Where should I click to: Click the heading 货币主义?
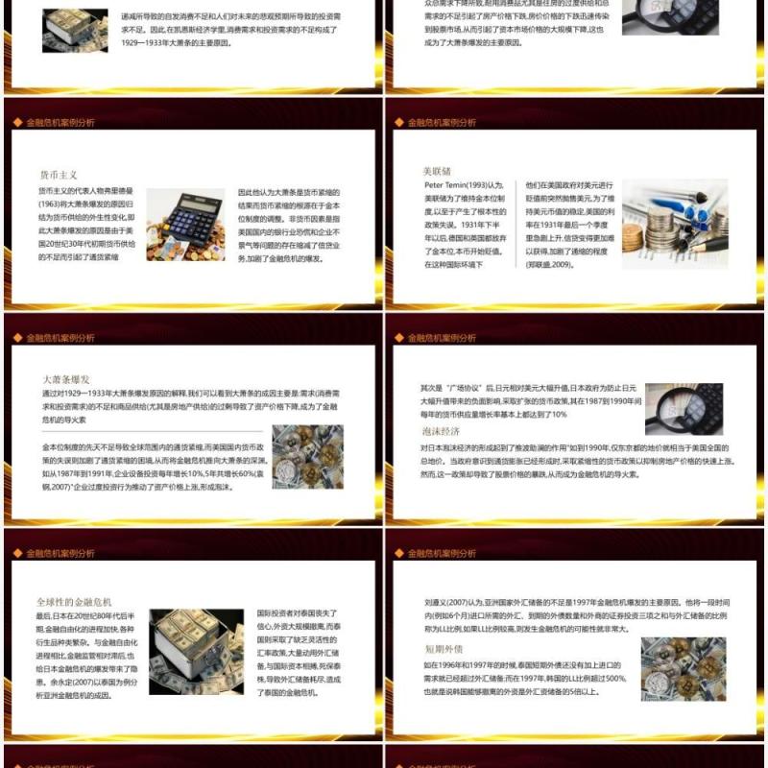pos(58,175)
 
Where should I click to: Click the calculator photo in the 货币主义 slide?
pos(185,226)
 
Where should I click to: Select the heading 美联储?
pos(437,170)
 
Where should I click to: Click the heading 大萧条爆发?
pos(66,378)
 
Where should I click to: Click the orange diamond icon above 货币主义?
pos(18,123)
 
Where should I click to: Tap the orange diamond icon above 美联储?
pos(399,123)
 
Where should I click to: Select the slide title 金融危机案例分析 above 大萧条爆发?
pos(60,338)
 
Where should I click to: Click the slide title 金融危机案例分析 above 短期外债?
pos(442,553)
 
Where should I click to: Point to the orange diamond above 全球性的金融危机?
pos(18,553)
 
